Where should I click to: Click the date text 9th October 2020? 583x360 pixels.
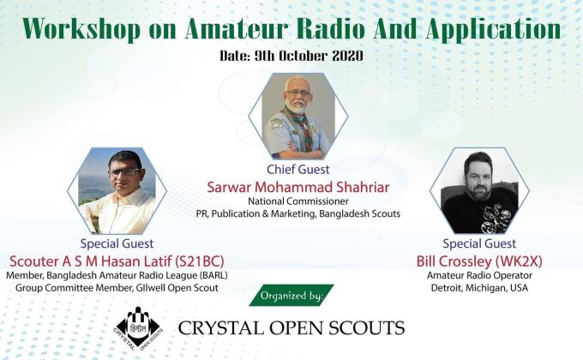[321, 56]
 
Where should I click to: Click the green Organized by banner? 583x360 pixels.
[291, 297]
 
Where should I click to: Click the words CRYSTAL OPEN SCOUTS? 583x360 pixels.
[291, 327]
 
